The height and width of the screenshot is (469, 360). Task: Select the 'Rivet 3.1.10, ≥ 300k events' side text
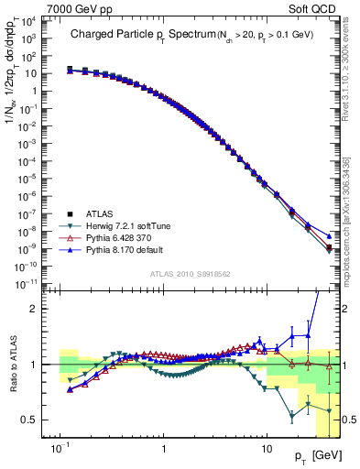coord(352,78)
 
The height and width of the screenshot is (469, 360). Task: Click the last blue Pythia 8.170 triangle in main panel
coord(330,235)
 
